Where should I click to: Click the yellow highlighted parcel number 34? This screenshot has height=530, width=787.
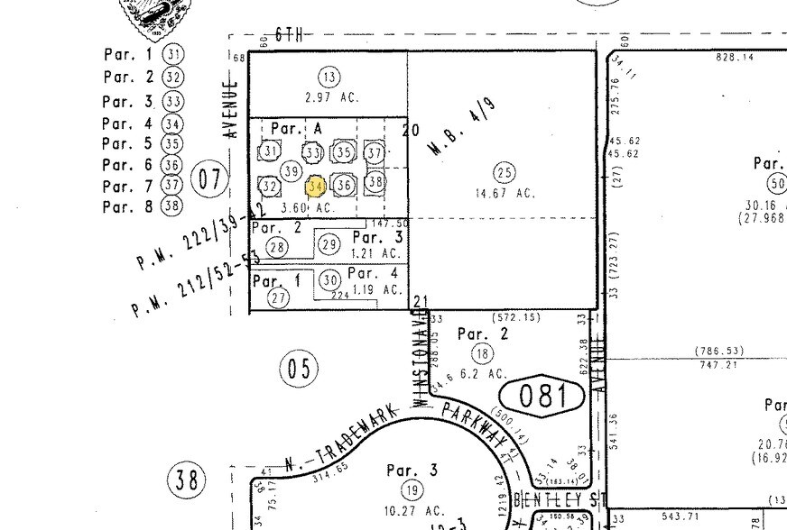[x=316, y=187]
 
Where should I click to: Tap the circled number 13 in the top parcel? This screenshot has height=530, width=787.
[x=329, y=77]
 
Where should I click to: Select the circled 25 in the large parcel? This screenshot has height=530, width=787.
[x=505, y=172]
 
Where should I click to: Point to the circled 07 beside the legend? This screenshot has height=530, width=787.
[x=210, y=178]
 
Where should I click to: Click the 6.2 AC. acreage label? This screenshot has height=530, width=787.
[x=484, y=373]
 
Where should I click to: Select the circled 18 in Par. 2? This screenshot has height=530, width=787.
[x=484, y=353]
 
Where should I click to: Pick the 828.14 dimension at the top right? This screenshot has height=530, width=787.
[x=735, y=57]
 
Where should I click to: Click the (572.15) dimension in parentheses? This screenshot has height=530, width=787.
[x=514, y=317]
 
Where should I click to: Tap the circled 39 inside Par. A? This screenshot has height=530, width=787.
[x=291, y=171]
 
